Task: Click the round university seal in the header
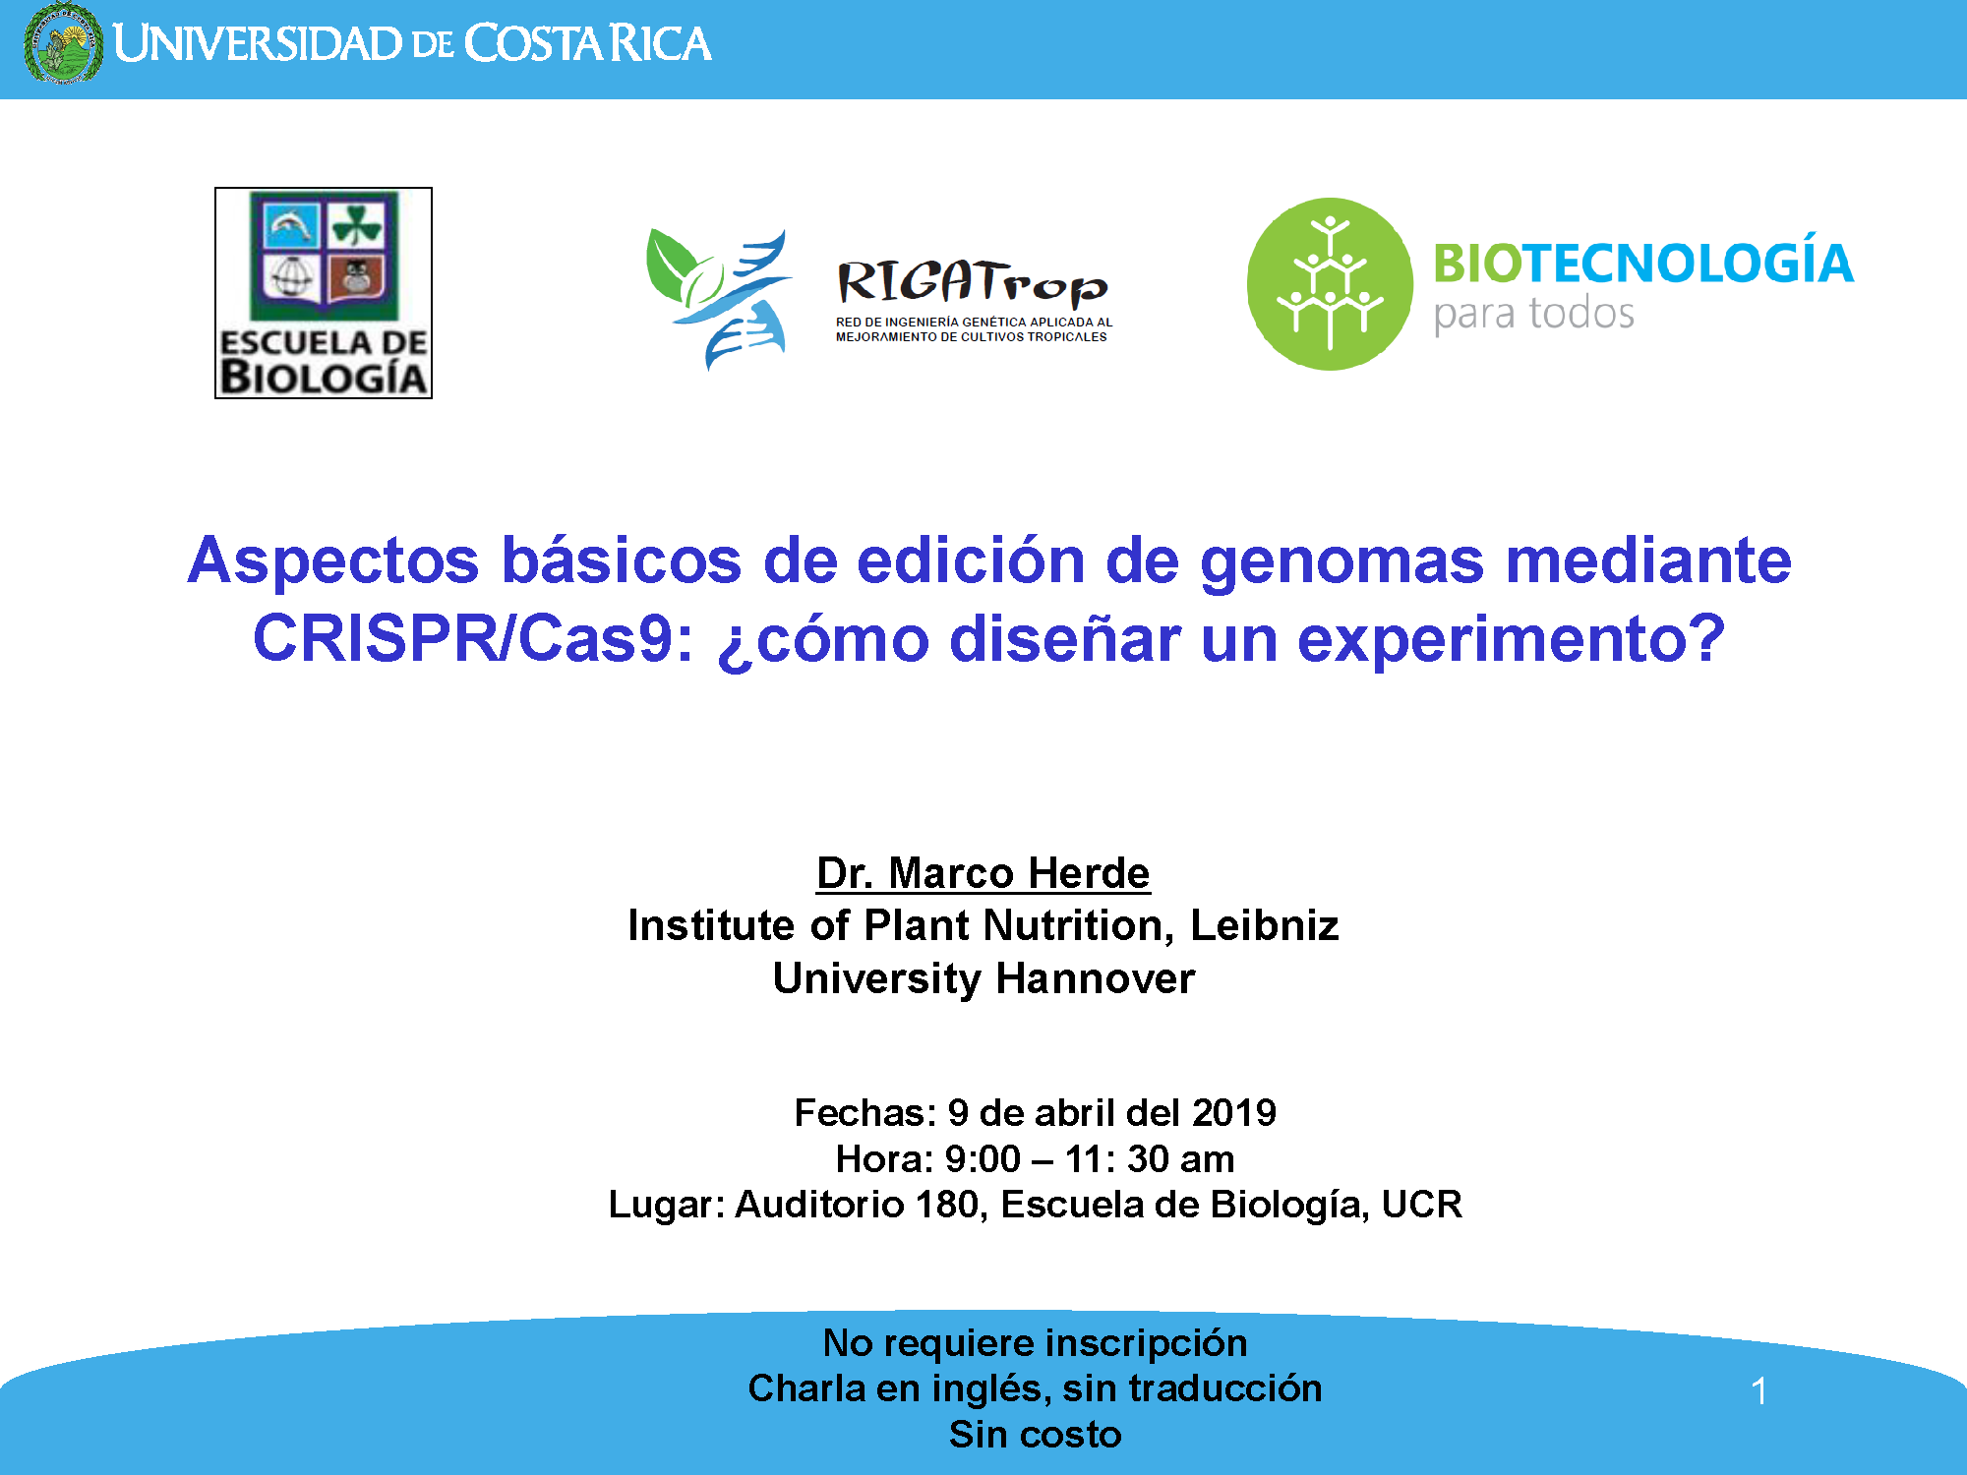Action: click(x=63, y=43)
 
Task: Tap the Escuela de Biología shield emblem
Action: click(x=324, y=255)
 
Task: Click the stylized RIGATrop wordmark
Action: click(x=972, y=283)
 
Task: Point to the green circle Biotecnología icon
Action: click(x=1330, y=284)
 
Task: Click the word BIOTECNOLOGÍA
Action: click(x=1643, y=263)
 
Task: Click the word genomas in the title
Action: click(x=1341, y=561)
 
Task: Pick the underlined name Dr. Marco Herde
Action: click(x=983, y=873)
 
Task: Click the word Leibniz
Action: click(x=1265, y=925)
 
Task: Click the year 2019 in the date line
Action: click(x=1234, y=1112)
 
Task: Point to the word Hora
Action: click(x=880, y=1158)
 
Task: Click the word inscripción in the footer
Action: click(x=1147, y=1344)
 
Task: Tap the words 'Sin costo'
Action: click(x=1035, y=1434)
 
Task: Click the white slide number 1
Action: click(x=1759, y=1390)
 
